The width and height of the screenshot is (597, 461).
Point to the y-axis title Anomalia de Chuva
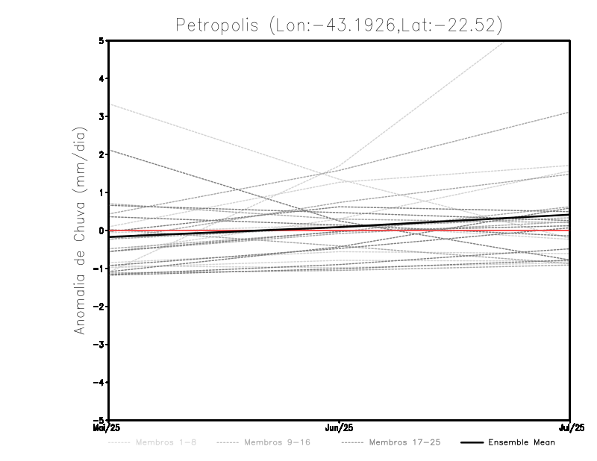(x=80, y=230)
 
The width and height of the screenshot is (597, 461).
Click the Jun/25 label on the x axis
(x=340, y=427)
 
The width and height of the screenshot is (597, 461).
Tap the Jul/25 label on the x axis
(x=572, y=427)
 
